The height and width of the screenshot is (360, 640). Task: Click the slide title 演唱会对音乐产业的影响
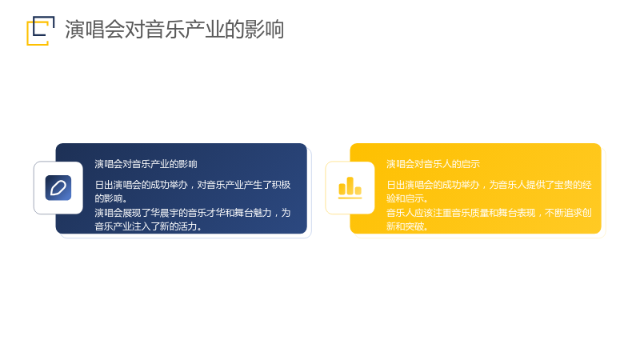[x=174, y=30]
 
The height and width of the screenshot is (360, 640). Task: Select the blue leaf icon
[x=58, y=188]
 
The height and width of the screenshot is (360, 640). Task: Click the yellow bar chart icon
[x=350, y=188]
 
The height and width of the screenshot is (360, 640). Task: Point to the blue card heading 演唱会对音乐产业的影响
[x=146, y=164]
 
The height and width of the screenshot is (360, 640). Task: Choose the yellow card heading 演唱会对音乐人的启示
[x=433, y=164]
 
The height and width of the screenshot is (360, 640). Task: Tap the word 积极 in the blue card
[x=282, y=185]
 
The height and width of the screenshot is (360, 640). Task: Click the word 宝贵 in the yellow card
[x=564, y=185]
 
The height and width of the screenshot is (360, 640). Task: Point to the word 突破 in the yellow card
[x=414, y=226]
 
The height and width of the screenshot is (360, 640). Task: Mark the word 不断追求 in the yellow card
[x=564, y=213]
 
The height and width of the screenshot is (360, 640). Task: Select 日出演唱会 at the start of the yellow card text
[x=410, y=185]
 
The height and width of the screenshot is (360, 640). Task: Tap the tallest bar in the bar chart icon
[x=350, y=186]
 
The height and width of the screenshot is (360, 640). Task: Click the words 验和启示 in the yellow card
[x=406, y=198]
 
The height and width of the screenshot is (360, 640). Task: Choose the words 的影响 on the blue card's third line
[x=109, y=198]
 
